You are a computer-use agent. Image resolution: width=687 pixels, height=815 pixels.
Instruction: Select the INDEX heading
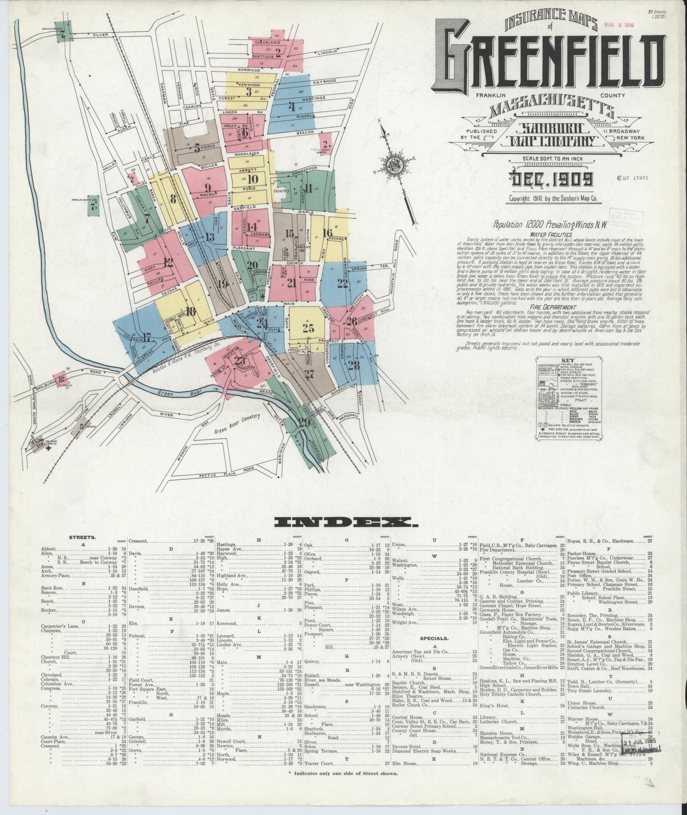(x=343, y=523)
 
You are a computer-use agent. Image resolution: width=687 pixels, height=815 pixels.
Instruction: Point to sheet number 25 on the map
(x=308, y=328)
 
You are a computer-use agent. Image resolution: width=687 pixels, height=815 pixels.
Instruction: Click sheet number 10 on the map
(x=252, y=179)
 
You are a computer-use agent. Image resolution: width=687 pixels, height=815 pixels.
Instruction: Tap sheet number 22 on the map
(x=342, y=283)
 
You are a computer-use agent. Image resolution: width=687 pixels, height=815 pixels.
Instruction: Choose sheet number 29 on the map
(x=304, y=422)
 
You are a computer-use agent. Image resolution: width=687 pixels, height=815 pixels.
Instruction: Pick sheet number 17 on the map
(x=146, y=338)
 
